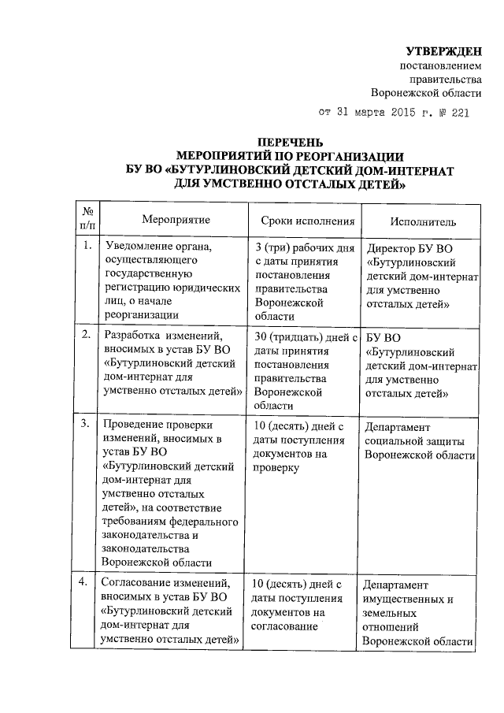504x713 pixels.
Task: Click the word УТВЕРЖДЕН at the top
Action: (449, 52)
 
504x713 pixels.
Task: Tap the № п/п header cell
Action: (87, 217)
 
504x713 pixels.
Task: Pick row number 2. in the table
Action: (87, 336)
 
